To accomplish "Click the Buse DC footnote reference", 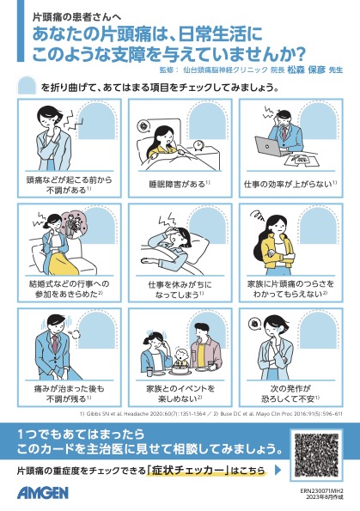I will point(258,413).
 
